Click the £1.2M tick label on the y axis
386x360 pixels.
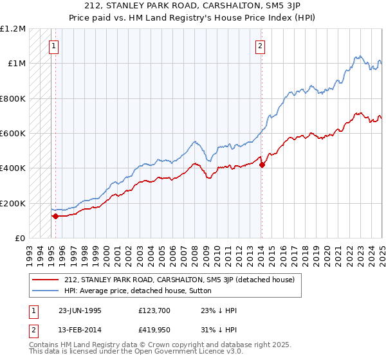point(13,29)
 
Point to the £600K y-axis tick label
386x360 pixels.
point(13,134)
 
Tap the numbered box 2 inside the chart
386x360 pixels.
point(260,46)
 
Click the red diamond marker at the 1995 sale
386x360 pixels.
point(55,216)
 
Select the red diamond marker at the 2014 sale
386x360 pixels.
point(262,165)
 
